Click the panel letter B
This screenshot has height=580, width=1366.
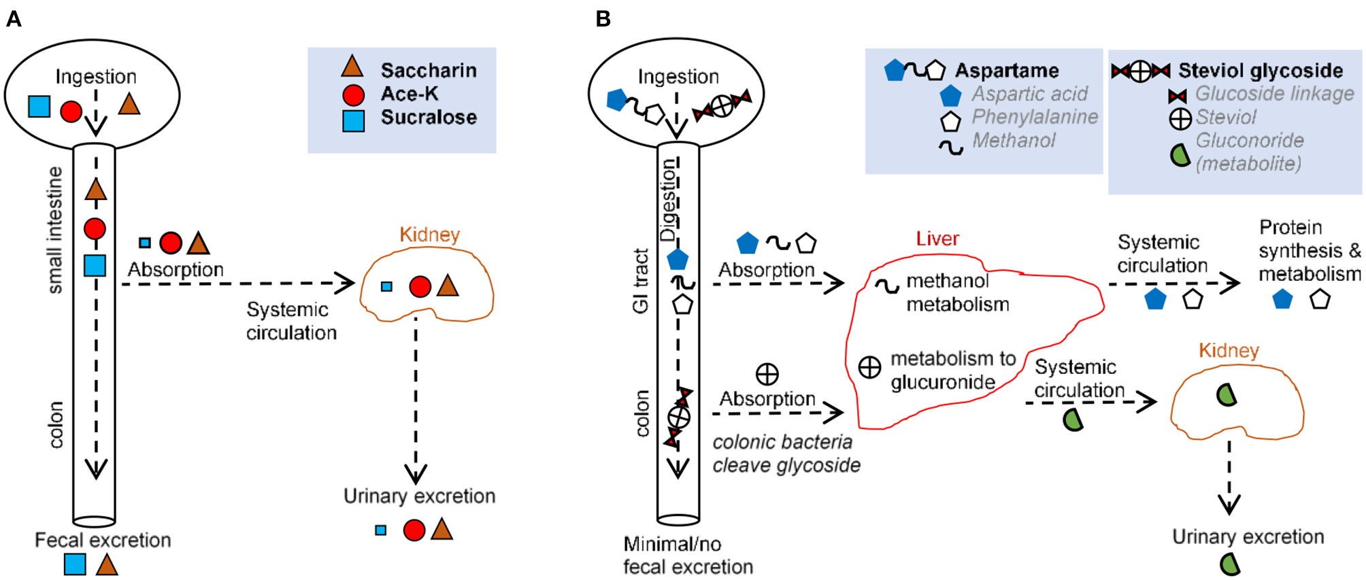pos(603,19)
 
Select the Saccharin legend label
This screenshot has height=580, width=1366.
pos(428,70)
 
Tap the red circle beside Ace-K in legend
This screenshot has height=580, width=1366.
pos(353,95)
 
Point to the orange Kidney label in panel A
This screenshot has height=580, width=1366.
pos(429,235)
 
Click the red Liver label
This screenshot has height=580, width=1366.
pos(937,239)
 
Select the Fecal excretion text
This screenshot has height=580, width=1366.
pos(103,540)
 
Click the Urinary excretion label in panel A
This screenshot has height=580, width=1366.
pos(419,496)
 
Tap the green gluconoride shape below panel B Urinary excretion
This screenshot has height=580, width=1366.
pos(1230,564)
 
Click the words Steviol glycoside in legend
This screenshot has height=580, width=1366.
pos(1260,70)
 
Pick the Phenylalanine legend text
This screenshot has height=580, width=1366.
pos(1034,117)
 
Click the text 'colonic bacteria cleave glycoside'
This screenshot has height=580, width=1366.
pos(786,454)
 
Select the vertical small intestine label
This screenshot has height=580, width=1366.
pos(55,230)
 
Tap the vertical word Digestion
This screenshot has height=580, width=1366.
pos(668,200)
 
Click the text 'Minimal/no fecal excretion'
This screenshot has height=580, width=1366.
pos(688,555)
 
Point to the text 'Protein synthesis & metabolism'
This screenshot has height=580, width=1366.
pos(1309,250)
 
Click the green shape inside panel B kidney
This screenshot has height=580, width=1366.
pos(1226,394)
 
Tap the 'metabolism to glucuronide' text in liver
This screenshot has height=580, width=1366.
pos(952,370)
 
